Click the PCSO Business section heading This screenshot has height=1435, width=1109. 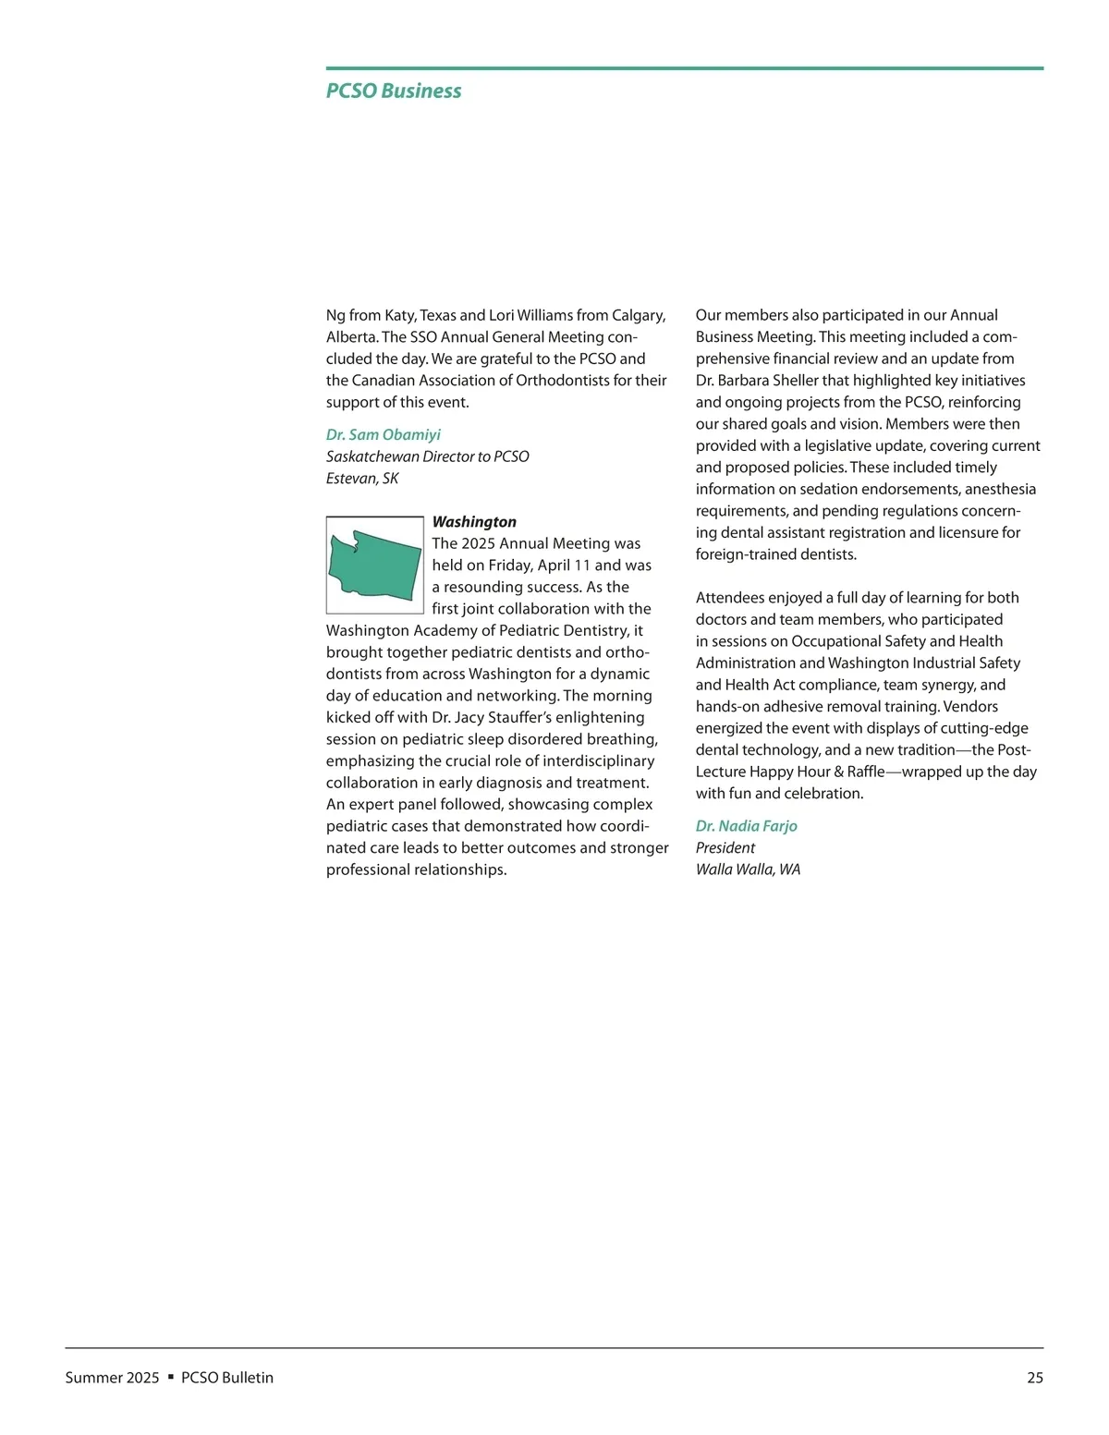[x=394, y=91]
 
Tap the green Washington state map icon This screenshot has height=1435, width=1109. [x=375, y=565]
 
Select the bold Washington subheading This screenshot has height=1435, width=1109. [x=474, y=522]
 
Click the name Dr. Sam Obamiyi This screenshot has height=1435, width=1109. [x=384, y=434]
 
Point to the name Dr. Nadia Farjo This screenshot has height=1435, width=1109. [x=747, y=826]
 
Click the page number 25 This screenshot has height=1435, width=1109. [x=1035, y=1378]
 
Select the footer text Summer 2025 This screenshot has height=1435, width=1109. [x=112, y=1378]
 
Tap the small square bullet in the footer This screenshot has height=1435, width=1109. [x=170, y=1377]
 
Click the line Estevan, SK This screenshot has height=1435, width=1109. [x=362, y=479]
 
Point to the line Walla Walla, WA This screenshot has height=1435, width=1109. [x=748, y=870]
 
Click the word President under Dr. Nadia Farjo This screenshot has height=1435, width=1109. [x=725, y=848]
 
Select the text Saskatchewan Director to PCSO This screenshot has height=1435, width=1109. [x=428, y=456]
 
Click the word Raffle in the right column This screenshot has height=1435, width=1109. [x=866, y=772]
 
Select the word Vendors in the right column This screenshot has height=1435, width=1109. [x=970, y=707]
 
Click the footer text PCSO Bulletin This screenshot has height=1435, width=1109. [x=227, y=1378]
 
